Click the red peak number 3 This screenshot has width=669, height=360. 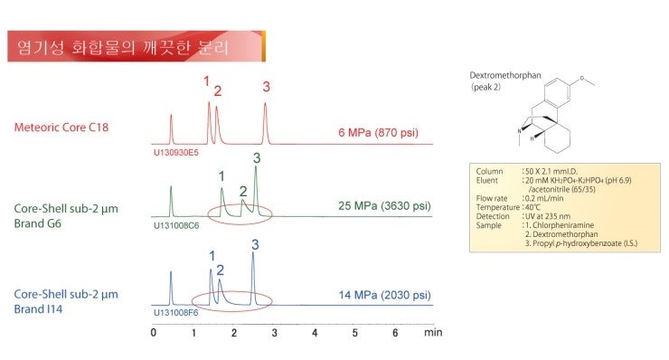266,87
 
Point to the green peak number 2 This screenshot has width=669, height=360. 242,191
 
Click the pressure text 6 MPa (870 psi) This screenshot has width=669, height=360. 378,133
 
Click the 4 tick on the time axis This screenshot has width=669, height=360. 315,333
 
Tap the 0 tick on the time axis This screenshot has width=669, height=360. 154,333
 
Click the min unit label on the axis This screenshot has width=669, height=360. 433,333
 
